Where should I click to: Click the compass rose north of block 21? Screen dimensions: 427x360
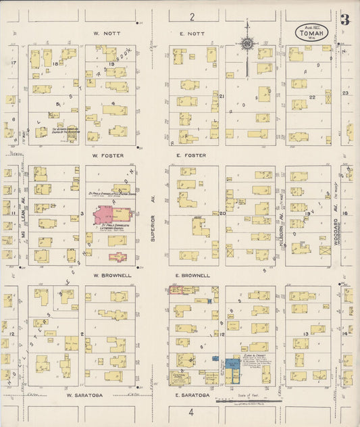[248, 45]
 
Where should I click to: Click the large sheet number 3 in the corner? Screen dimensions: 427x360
[344, 20]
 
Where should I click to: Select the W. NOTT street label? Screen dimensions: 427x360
[106, 32]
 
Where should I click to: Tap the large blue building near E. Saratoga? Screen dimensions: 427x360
[234, 367]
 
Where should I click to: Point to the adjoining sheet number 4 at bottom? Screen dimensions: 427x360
[191, 411]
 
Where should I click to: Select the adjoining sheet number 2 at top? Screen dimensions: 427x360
[192, 16]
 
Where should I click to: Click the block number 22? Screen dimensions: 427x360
[312, 97]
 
